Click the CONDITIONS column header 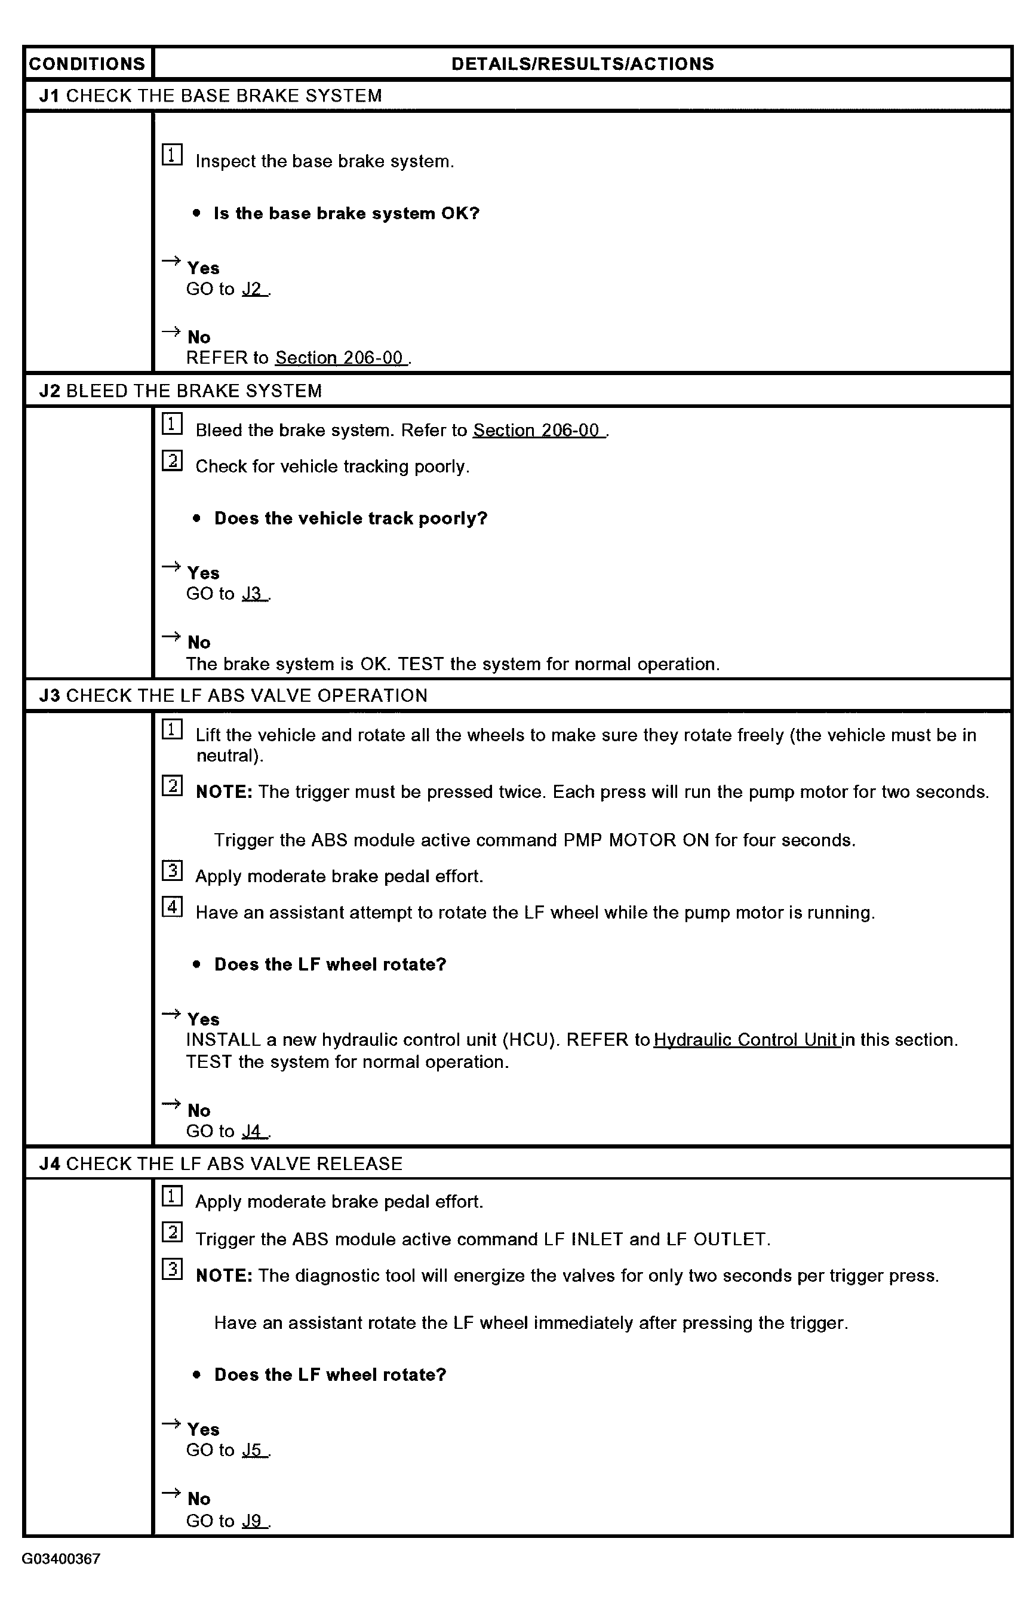click(87, 64)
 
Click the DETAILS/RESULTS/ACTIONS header click(583, 64)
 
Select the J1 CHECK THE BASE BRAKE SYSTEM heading click(211, 96)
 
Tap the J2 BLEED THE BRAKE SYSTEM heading click(180, 391)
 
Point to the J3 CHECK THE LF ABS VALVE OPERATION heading click(233, 695)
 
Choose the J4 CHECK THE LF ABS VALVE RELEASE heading click(221, 1163)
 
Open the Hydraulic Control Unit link click(746, 1040)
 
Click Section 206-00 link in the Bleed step click(536, 430)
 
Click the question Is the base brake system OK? click(346, 213)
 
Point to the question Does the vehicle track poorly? click(351, 518)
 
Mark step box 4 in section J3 click(172, 907)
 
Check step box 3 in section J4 click(172, 1269)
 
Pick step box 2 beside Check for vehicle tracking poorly click(172, 461)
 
